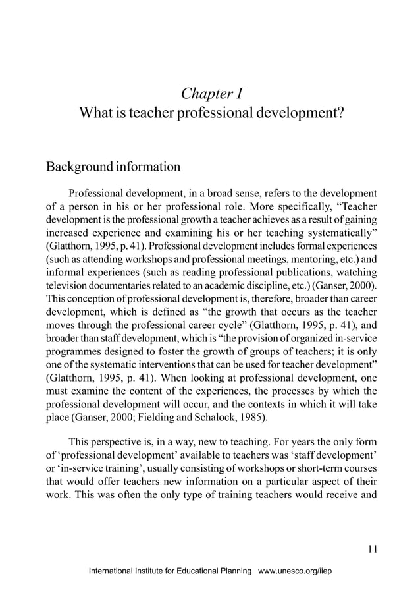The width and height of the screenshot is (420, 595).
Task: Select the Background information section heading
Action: [x=113, y=166]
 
